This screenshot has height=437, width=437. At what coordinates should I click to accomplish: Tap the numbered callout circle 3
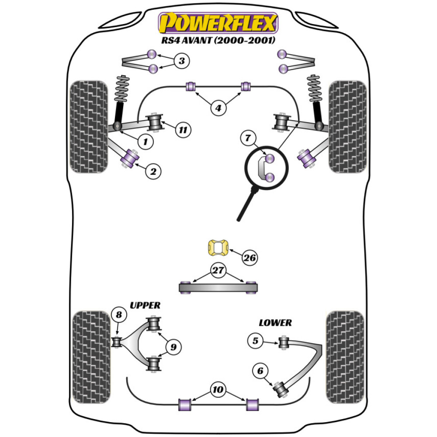pyautogui.click(x=182, y=61)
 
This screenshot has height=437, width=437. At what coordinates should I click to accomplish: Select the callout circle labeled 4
pyautogui.click(x=218, y=108)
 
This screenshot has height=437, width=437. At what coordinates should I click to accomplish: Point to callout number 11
pyautogui.click(x=184, y=129)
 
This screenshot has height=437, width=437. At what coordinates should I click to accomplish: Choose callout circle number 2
pyautogui.click(x=153, y=172)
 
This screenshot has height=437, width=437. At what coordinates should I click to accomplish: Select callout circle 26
pyautogui.click(x=250, y=258)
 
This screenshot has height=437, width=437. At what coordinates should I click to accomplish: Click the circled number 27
pyautogui.click(x=218, y=271)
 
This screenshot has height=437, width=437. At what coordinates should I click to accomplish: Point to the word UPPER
pyautogui.click(x=145, y=305)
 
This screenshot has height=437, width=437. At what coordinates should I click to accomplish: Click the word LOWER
pyautogui.click(x=275, y=323)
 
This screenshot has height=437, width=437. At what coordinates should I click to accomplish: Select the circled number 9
pyautogui.click(x=174, y=347)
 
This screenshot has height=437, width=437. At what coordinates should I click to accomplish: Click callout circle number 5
pyautogui.click(x=256, y=340)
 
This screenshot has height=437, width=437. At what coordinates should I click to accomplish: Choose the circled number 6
pyautogui.click(x=260, y=371)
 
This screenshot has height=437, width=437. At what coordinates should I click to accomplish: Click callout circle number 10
pyautogui.click(x=218, y=388)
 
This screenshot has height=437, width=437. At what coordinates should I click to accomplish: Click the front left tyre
pyautogui.click(x=89, y=127)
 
